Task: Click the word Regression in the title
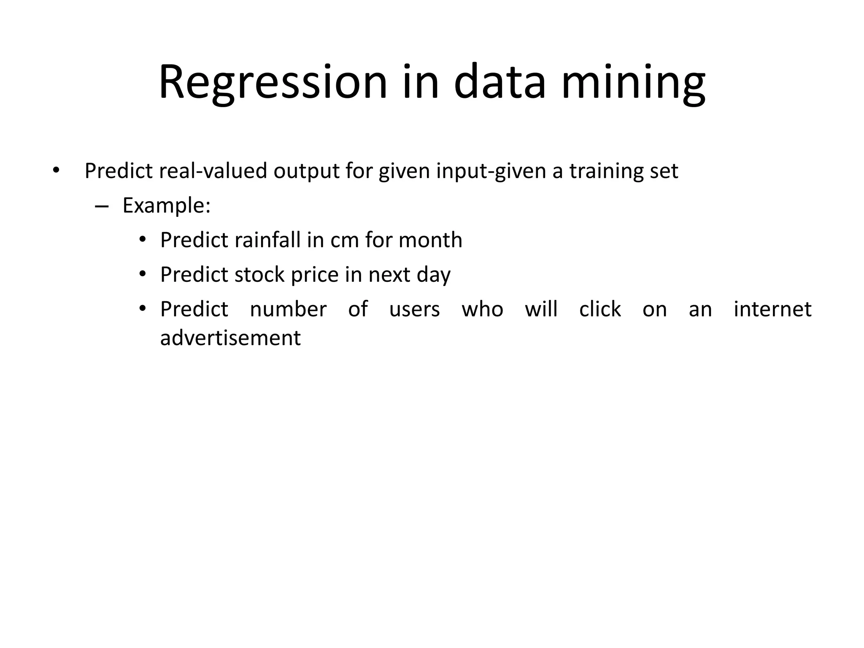(x=273, y=82)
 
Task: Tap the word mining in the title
(x=633, y=82)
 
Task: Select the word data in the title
(x=500, y=82)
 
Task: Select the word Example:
(x=166, y=206)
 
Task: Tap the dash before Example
(x=102, y=206)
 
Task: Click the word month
(x=430, y=240)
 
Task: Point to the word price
(x=315, y=275)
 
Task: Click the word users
(x=414, y=310)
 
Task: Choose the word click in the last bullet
(x=599, y=309)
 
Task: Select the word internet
(x=772, y=309)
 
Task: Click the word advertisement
(x=230, y=338)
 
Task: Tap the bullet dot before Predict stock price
(x=143, y=275)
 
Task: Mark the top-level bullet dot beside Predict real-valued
(x=56, y=171)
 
